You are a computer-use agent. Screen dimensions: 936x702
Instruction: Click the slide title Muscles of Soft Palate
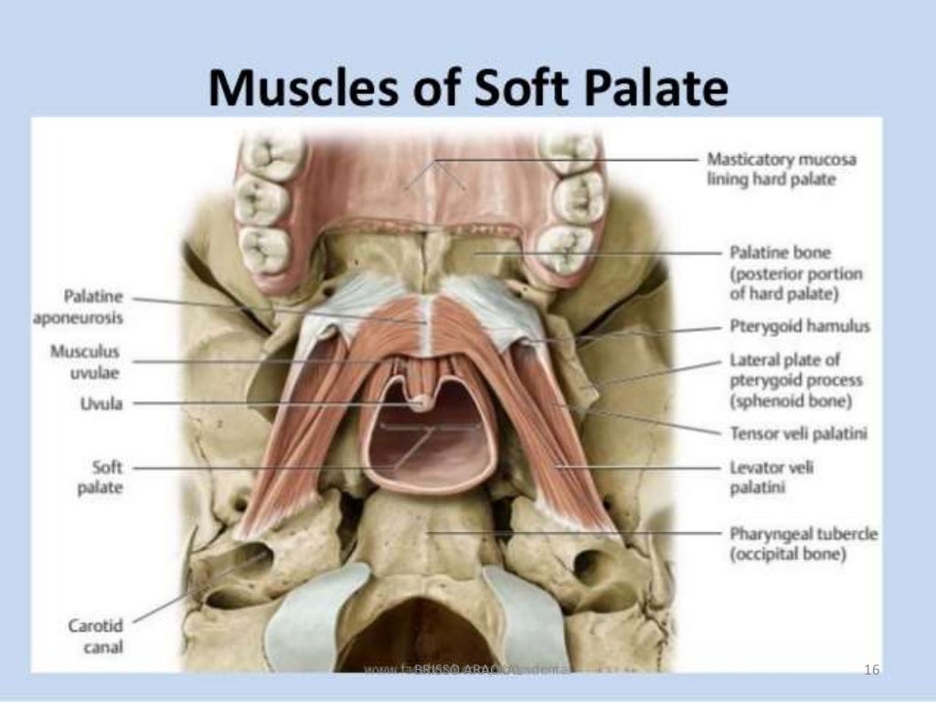click(468, 90)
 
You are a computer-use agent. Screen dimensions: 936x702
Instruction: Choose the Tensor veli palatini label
click(798, 433)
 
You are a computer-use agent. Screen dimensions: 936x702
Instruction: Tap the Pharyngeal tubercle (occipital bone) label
click(803, 543)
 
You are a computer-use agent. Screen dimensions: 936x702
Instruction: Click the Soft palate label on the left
click(100, 477)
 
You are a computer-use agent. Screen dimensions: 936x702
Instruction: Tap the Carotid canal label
click(95, 637)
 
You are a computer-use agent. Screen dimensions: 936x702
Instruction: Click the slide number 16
click(871, 671)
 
